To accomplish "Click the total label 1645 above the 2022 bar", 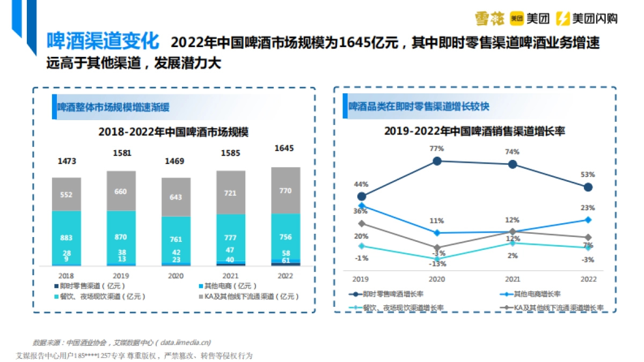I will pos(284,148).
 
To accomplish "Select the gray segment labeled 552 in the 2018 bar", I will pos(66,195).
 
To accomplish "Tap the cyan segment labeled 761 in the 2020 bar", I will pos(175,239).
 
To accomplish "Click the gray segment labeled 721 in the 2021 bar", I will pos(230,193).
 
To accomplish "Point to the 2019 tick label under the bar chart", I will pos(121,276).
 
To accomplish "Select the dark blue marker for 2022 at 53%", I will pos(588,187).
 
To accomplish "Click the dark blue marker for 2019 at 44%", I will pos(361,196).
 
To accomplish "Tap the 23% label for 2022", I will pos(588,208).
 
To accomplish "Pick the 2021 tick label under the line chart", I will pos(512,279).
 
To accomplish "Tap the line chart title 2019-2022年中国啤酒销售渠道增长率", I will pos(474,131).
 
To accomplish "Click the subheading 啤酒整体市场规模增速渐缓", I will pos(113,107).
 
